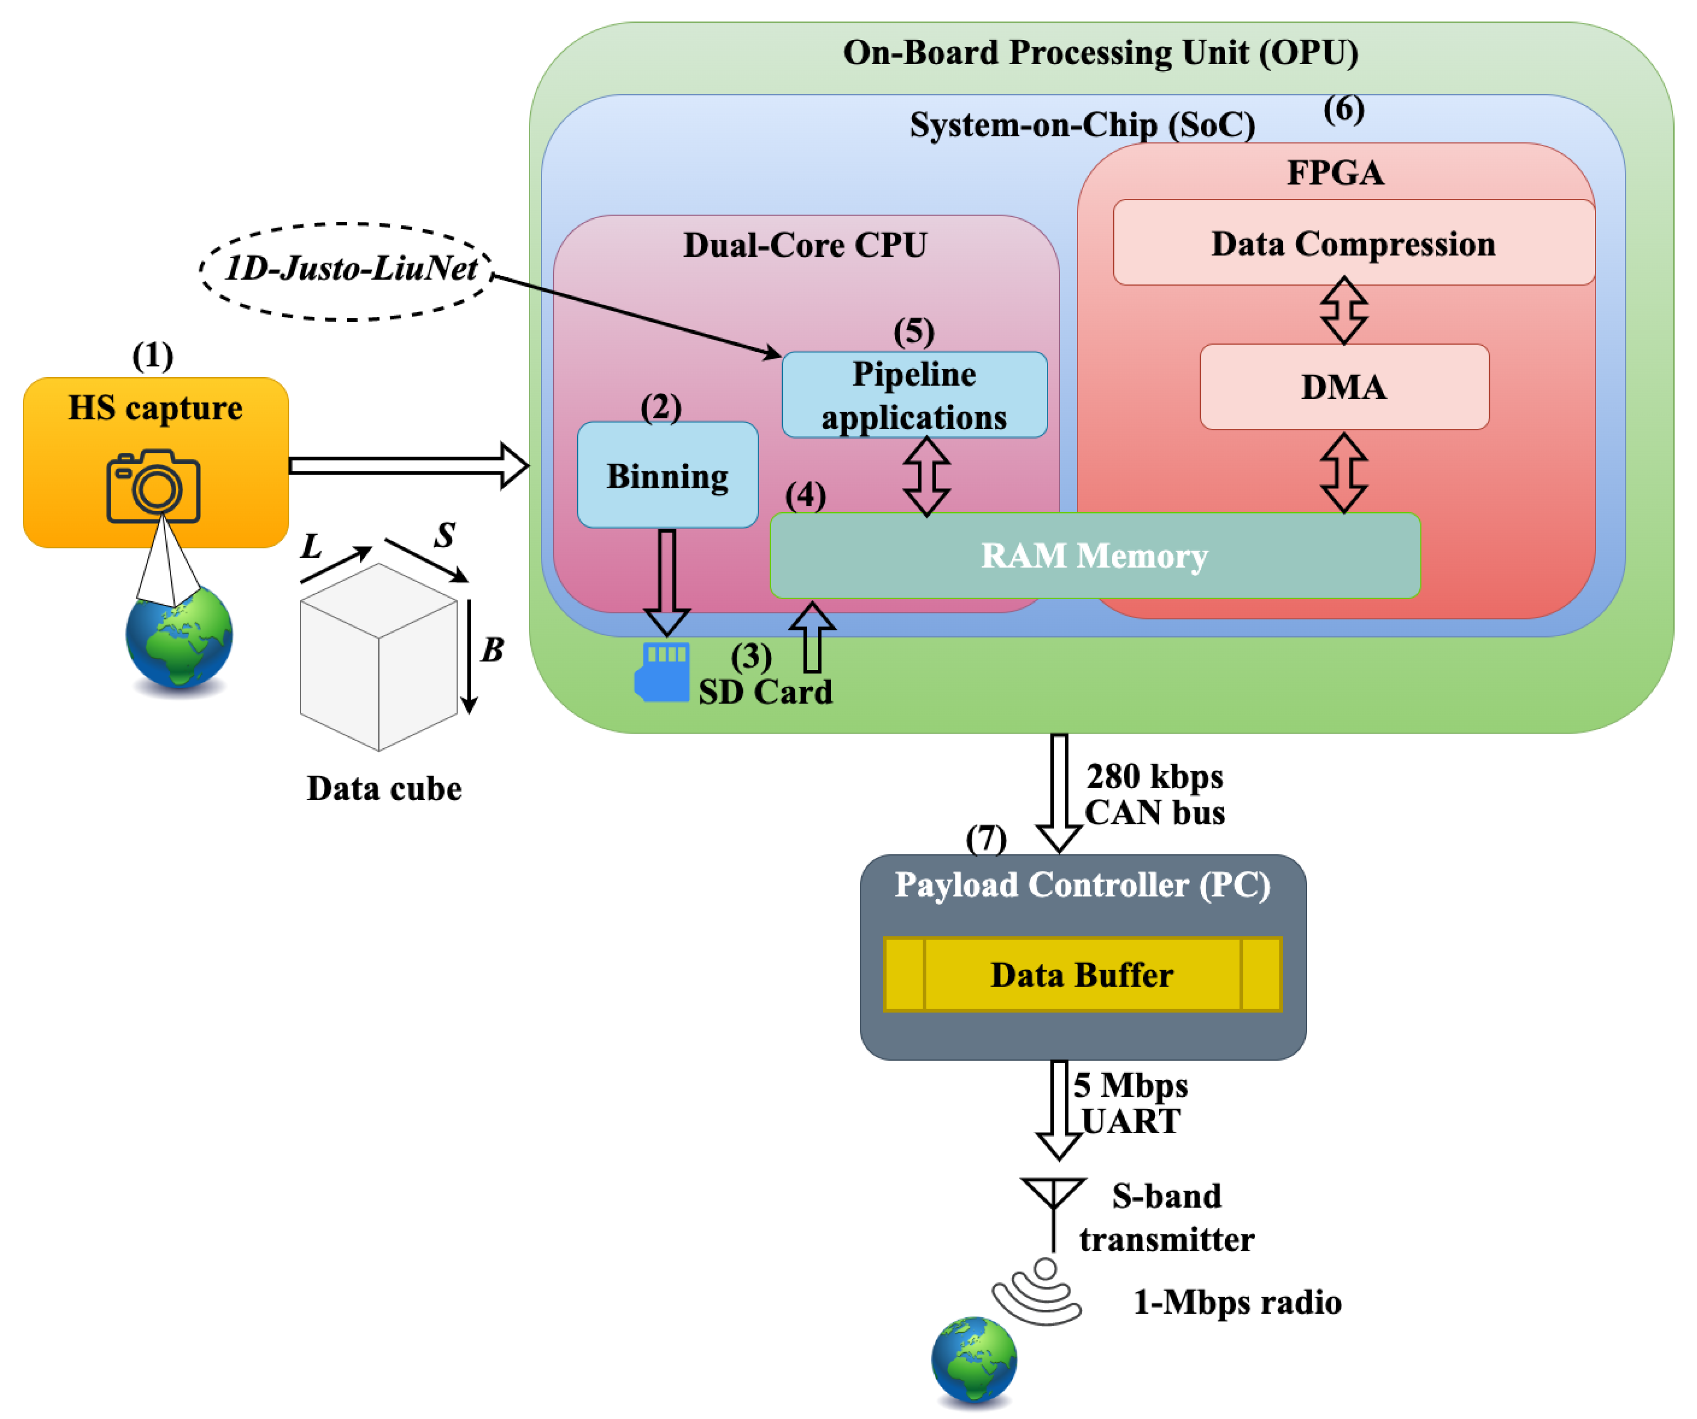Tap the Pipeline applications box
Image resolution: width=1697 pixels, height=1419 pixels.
coord(914,395)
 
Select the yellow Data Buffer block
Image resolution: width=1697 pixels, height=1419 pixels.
coord(1082,975)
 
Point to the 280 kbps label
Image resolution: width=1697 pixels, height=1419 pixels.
coord(1154,776)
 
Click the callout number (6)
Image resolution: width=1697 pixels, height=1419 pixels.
coord(1343,109)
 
